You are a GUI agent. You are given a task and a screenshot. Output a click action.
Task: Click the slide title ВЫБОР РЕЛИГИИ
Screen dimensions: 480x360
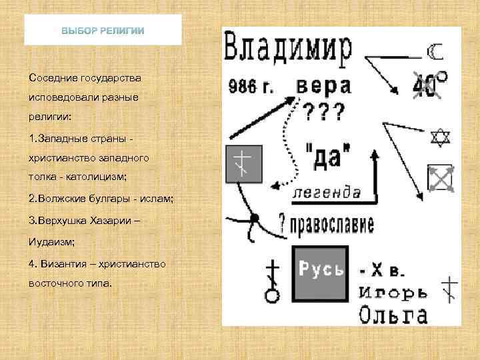click(x=103, y=31)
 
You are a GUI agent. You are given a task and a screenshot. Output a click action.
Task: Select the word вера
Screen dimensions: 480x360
click(x=323, y=86)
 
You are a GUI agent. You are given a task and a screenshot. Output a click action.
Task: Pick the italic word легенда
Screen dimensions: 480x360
click(x=327, y=193)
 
